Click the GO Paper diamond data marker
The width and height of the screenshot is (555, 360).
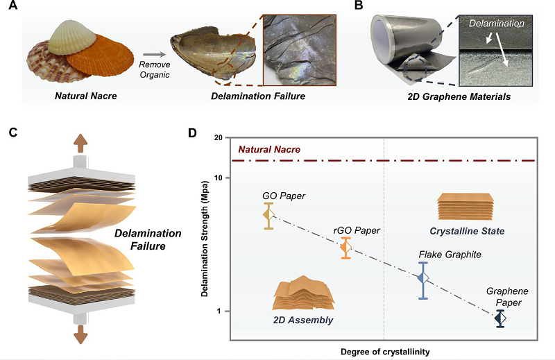pos(268,214)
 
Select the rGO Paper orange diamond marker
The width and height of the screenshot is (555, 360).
pos(346,248)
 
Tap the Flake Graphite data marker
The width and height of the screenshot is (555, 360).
pos(423,278)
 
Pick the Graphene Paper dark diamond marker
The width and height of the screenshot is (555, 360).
pos(500,318)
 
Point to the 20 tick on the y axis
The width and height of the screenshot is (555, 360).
pos(219,137)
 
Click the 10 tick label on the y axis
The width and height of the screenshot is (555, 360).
pos(219,178)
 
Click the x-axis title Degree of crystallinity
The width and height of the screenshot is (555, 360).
pos(385,352)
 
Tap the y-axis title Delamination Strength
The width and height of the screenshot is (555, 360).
pos(205,239)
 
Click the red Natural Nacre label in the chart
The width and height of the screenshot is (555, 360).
pos(269,149)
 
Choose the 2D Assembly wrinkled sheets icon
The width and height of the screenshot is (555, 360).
pos(303,293)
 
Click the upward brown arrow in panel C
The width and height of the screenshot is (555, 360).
pos(80,144)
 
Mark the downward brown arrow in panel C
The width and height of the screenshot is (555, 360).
pos(80,334)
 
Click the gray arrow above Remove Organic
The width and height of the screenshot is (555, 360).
pos(154,55)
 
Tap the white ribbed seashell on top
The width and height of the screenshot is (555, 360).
pos(72,37)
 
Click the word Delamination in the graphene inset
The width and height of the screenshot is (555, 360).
pos(496,24)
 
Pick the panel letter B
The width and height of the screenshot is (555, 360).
pos(359,5)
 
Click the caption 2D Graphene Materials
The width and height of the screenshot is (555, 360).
pos(459,96)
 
